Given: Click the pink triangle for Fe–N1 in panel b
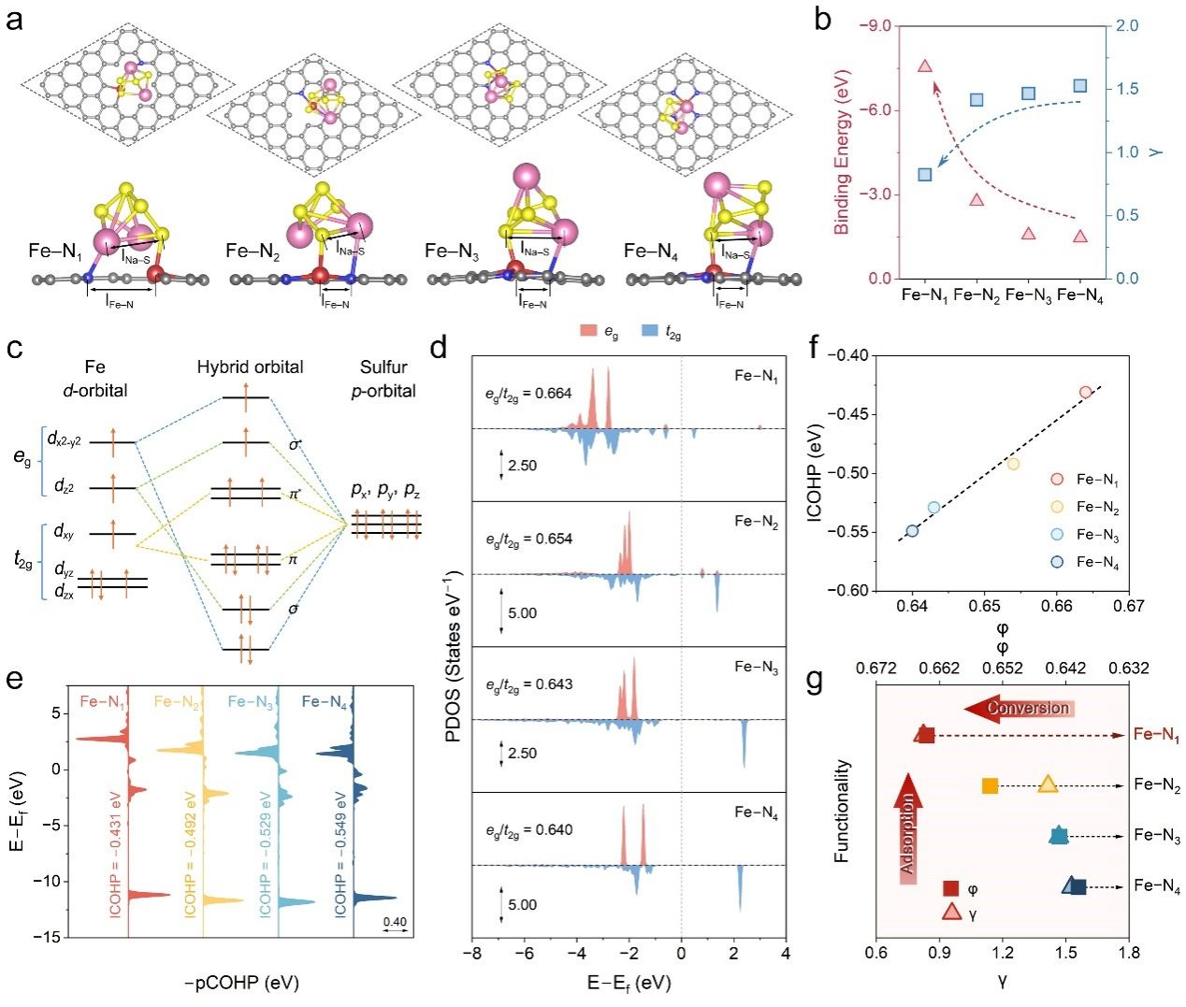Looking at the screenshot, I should (925, 65).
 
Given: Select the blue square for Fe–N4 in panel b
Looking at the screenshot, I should (1080, 86).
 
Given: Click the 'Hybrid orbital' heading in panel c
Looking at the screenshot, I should (250, 367).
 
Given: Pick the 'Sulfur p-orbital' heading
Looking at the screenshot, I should (383, 378).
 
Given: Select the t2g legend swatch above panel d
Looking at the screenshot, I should (653, 332).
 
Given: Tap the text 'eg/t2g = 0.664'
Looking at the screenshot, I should (528, 394).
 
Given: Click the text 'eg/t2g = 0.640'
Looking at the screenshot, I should (528, 829).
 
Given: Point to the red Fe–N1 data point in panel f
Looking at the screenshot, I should (1085, 392).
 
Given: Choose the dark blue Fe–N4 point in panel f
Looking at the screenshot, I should (912, 531).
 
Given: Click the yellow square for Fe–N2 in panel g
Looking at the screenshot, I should (991, 785).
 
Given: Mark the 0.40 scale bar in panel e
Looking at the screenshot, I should (395, 927).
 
